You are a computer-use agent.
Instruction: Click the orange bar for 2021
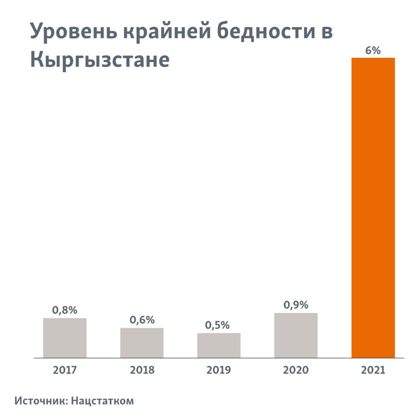click(x=373, y=208)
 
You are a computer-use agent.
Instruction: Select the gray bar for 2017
click(x=65, y=338)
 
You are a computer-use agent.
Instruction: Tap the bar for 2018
click(x=142, y=343)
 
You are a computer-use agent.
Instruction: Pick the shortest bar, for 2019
click(x=219, y=345)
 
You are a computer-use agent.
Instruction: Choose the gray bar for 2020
click(x=296, y=335)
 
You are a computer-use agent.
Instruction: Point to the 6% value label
click(x=373, y=50)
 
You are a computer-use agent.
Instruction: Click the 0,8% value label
click(x=65, y=310)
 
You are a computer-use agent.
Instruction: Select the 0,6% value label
click(x=142, y=320)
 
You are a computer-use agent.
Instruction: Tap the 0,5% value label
click(x=217, y=325)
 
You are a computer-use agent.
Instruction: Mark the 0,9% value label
click(x=296, y=305)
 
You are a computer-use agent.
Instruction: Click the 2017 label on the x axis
click(x=65, y=370)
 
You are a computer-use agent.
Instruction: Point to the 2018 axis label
click(x=142, y=370)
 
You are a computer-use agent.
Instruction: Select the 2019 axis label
click(x=219, y=370)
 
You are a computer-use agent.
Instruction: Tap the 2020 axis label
click(x=296, y=370)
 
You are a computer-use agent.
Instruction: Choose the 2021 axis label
click(x=373, y=370)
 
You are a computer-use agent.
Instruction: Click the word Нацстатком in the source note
click(x=103, y=401)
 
